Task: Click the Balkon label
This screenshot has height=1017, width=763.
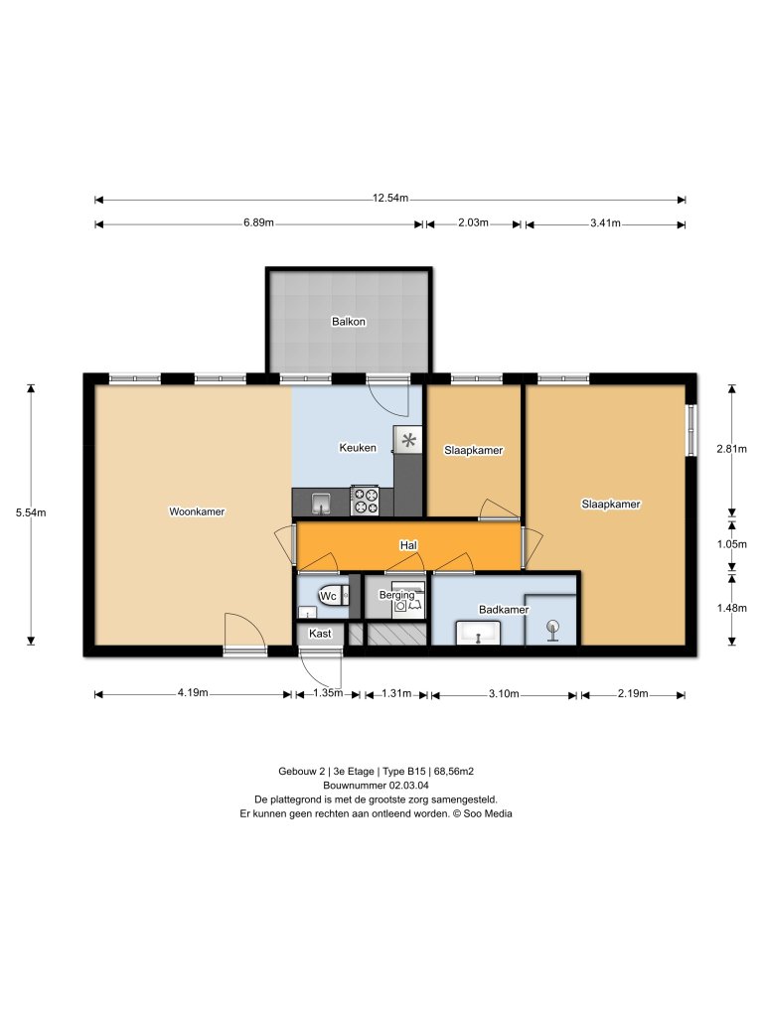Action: pyautogui.click(x=348, y=322)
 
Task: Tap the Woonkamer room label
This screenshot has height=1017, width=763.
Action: pyautogui.click(x=197, y=512)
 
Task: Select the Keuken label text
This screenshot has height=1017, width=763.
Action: pyautogui.click(x=358, y=448)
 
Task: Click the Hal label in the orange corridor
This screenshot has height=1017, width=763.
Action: pyautogui.click(x=407, y=545)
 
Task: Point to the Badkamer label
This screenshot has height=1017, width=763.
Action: pyautogui.click(x=504, y=609)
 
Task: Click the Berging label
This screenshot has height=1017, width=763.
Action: pyautogui.click(x=396, y=595)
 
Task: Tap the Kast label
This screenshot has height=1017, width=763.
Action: pyautogui.click(x=320, y=633)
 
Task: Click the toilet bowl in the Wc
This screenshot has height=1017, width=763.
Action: pyautogui.click(x=330, y=596)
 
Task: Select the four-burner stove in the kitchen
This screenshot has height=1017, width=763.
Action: pyautogui.click(x=365, y=500)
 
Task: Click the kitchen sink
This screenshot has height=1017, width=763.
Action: pyautogui.click(x=320, y=504)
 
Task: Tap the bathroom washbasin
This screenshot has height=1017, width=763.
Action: pyautogui.click(x=480, y=632)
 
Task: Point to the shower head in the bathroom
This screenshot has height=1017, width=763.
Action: pyautogui.click(x=552, y=627)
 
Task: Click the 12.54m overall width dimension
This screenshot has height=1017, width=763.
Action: pyautogui.click(x=390, y=199)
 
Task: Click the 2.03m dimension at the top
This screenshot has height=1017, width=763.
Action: pyautogui.click(x=473, y=223)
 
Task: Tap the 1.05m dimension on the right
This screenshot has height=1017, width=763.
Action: pyautogui.click(x=731, y=545)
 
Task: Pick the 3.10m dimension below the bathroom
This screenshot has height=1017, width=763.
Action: pyautogui.click(x=504, y=694)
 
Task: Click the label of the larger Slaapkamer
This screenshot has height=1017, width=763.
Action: pyautogui.click(x=610, y=505)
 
